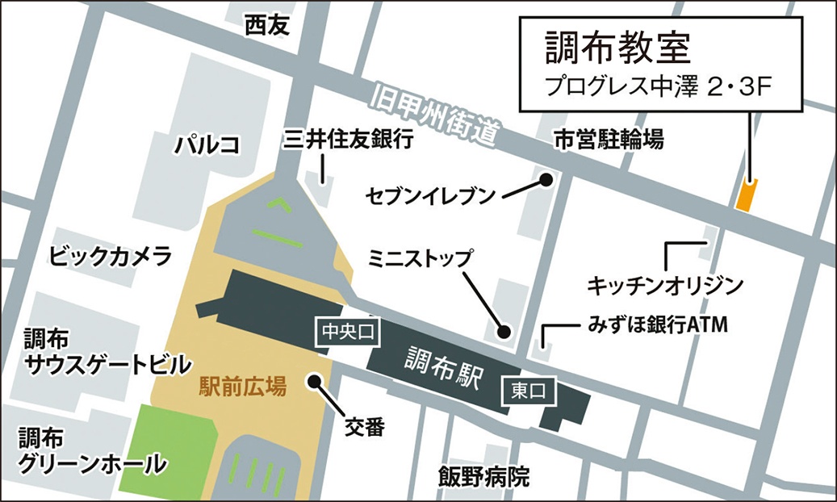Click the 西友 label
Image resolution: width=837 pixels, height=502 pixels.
(x=266, y=27)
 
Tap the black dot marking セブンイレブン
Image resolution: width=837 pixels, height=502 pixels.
(x=546, y=179)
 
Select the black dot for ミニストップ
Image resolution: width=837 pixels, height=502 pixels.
(x=504, y=331)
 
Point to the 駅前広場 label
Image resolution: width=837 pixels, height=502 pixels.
(x=242, y=387)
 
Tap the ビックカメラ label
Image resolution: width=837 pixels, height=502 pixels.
(x=111, y=257)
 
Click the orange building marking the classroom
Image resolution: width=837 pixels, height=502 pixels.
(x=747, y=195)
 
